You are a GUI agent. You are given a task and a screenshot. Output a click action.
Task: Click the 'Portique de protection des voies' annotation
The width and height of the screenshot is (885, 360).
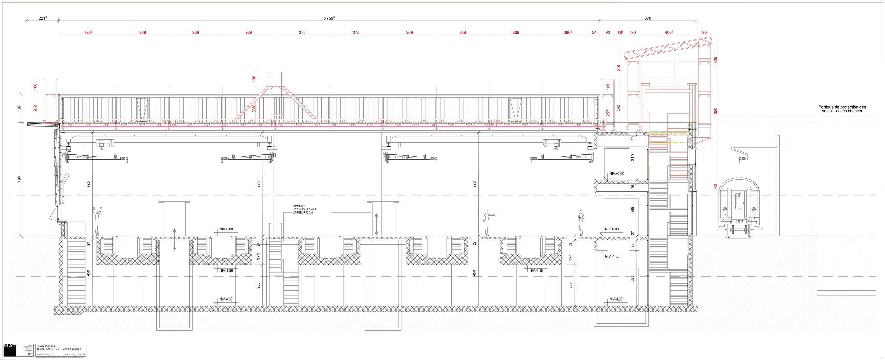point(842,109)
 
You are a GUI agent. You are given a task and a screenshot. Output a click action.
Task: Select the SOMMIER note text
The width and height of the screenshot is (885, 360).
point(305,210)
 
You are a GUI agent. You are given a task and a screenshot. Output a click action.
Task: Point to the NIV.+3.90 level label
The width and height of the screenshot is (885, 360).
point(617,174)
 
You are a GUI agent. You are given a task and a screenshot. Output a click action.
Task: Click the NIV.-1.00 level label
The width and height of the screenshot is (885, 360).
point(612,257)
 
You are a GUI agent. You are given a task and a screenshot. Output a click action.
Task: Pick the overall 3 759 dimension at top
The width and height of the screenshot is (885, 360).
point(329,18)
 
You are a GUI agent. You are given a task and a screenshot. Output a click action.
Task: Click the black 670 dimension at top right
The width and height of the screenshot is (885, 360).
point(648,18)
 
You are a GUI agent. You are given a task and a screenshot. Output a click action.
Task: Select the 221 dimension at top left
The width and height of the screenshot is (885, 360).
point(43,18)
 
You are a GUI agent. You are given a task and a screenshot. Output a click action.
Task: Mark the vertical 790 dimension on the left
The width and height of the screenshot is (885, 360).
point(19,179)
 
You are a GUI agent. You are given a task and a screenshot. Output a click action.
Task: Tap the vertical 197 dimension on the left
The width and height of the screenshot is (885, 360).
point(19,108)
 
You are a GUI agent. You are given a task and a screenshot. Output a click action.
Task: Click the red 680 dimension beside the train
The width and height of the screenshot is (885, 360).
point(715,187)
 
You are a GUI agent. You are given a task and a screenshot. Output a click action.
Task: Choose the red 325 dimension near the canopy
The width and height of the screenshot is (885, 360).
point(715,60)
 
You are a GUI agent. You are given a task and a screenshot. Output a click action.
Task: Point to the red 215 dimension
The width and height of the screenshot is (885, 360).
point(619,68)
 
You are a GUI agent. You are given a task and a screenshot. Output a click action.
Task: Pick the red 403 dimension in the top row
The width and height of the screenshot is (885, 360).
point(669,33)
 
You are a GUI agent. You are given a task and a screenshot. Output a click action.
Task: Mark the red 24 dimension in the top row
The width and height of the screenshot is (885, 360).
point(594,33)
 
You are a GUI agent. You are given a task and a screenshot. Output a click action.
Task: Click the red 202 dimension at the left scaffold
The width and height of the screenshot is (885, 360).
point(35,108)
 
